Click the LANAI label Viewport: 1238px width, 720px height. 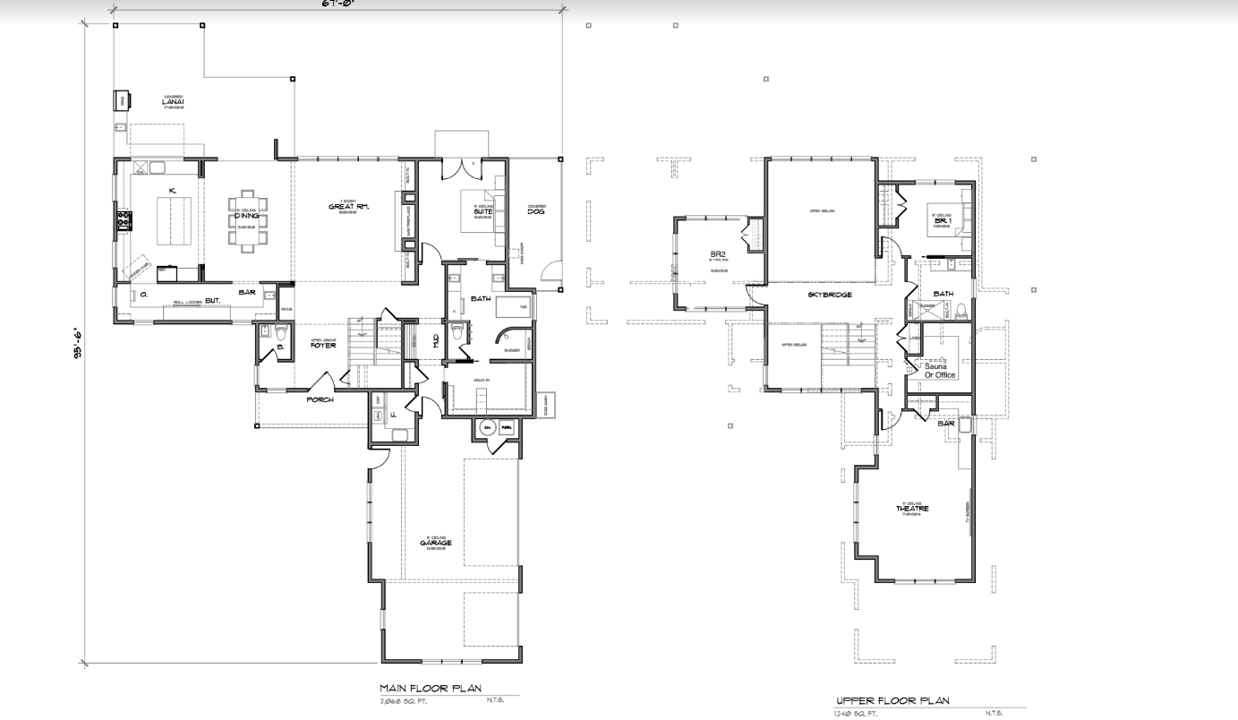(173, 102)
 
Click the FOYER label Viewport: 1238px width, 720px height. (322, 345)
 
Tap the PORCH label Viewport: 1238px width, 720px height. (320, 399)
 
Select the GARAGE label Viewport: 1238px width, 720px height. (436, 543)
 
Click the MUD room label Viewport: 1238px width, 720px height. (436, 340)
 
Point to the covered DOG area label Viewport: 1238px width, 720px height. (536, 212)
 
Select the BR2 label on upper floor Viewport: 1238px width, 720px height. (717, 254)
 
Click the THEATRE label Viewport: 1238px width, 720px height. (912, 509)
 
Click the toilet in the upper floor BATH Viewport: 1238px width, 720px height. (961, 311)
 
